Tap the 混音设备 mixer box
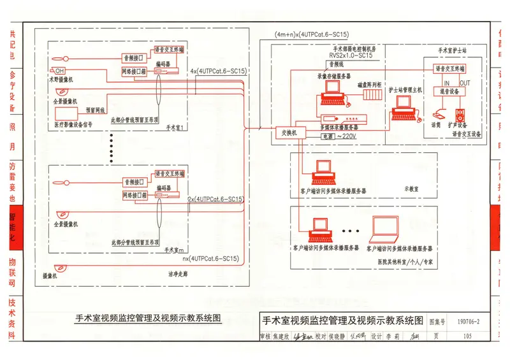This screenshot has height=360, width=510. tap(449, 91)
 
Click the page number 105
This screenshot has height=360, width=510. tap(468, 336)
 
